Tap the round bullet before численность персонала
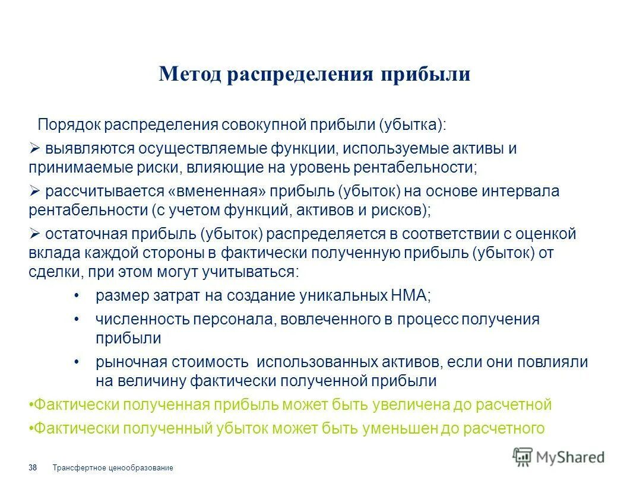77,319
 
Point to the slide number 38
33,469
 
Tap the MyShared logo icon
522,457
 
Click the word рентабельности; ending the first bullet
417,168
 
